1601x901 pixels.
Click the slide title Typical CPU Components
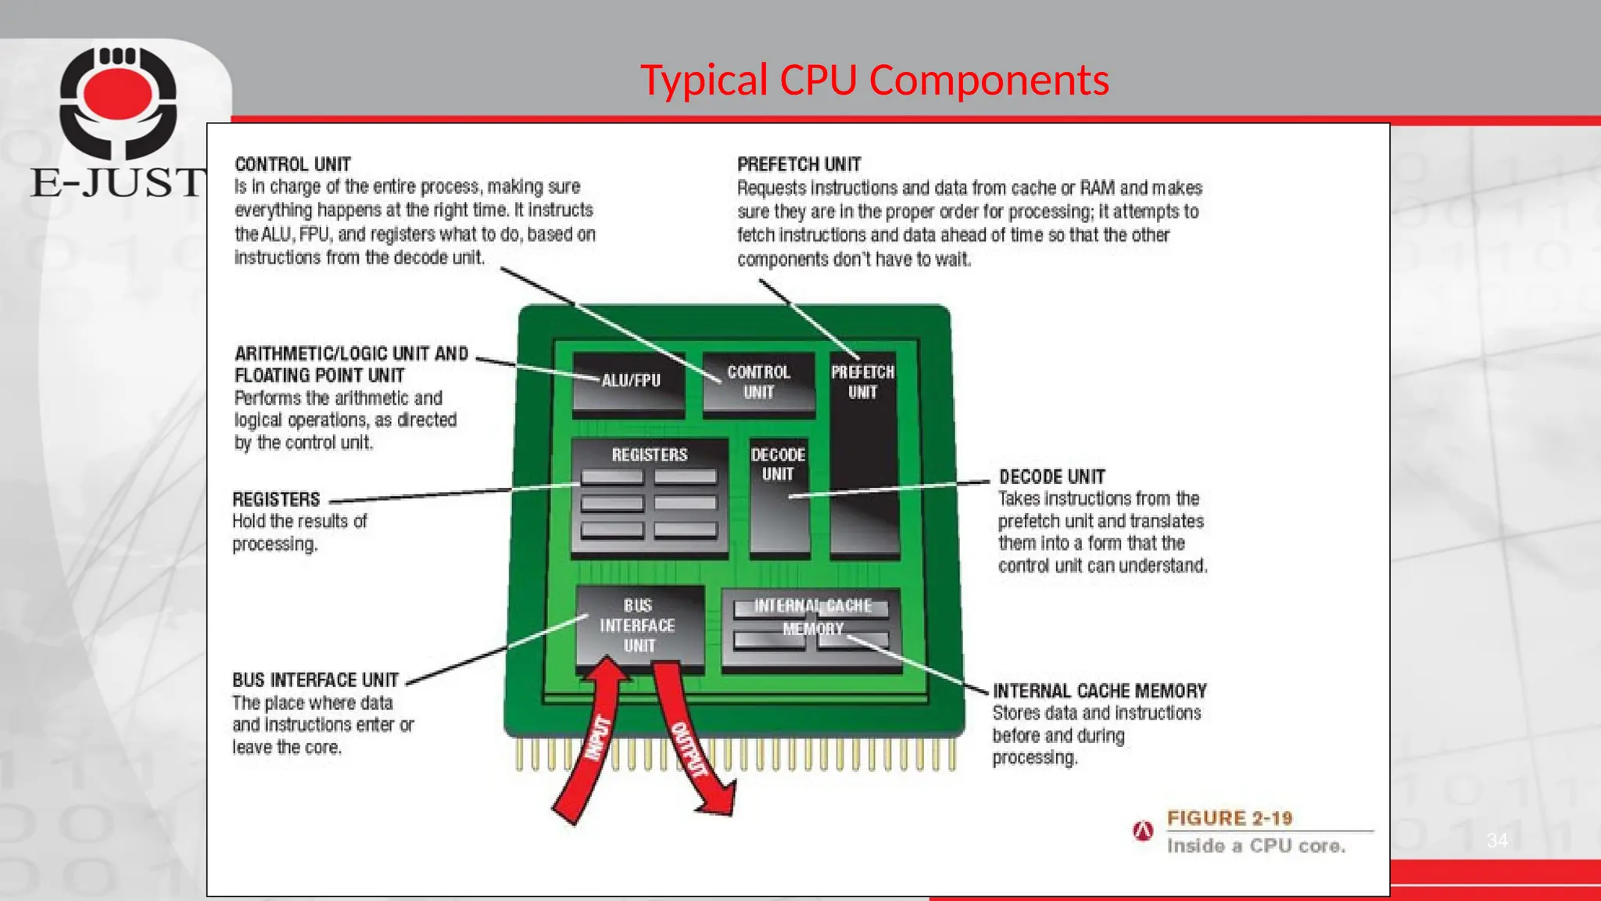click(x=874, y=80)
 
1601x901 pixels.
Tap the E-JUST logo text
click(x=117, y=182)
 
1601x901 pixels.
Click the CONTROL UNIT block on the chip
click(x=758, y=382)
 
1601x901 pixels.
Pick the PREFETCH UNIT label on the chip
click(x=862, y=382)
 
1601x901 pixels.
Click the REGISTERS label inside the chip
click(x=649, y=454)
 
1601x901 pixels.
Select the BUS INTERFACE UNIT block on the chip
click(x=639, y=626)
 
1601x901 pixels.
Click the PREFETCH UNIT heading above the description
click(x=798, y=164)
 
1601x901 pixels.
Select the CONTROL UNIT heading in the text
click(x=292, y=164)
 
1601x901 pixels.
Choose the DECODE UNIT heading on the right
click(x=1051, y=476)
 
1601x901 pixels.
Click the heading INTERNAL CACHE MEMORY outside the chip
click(x=1099, y=691)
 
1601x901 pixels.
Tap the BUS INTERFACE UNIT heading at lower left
click(x=315, y=680)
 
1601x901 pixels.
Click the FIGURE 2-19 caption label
click(x=1229, y=818)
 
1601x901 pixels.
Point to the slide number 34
click(x=1496, y=841)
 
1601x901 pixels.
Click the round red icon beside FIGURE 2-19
click(x=1143, y=831)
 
